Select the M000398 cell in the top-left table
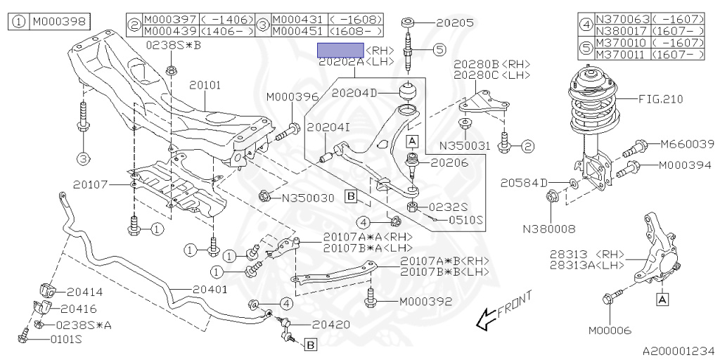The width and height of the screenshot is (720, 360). pos(59,22)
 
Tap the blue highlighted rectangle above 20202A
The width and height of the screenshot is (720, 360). pos(341,50)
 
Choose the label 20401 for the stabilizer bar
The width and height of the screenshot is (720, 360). pos(210,290)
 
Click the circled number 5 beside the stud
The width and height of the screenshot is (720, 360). pos(439,49)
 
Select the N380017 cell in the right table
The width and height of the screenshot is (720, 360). pos(623,31)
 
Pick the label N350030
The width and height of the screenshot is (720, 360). pos(308,198)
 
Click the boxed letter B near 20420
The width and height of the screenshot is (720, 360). pos(310,344)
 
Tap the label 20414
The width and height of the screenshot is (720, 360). pos(85,292)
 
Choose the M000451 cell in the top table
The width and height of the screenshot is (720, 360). pos(300,31)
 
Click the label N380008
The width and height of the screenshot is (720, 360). pos(548,229)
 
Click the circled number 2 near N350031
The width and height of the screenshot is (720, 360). pos(527,147)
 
